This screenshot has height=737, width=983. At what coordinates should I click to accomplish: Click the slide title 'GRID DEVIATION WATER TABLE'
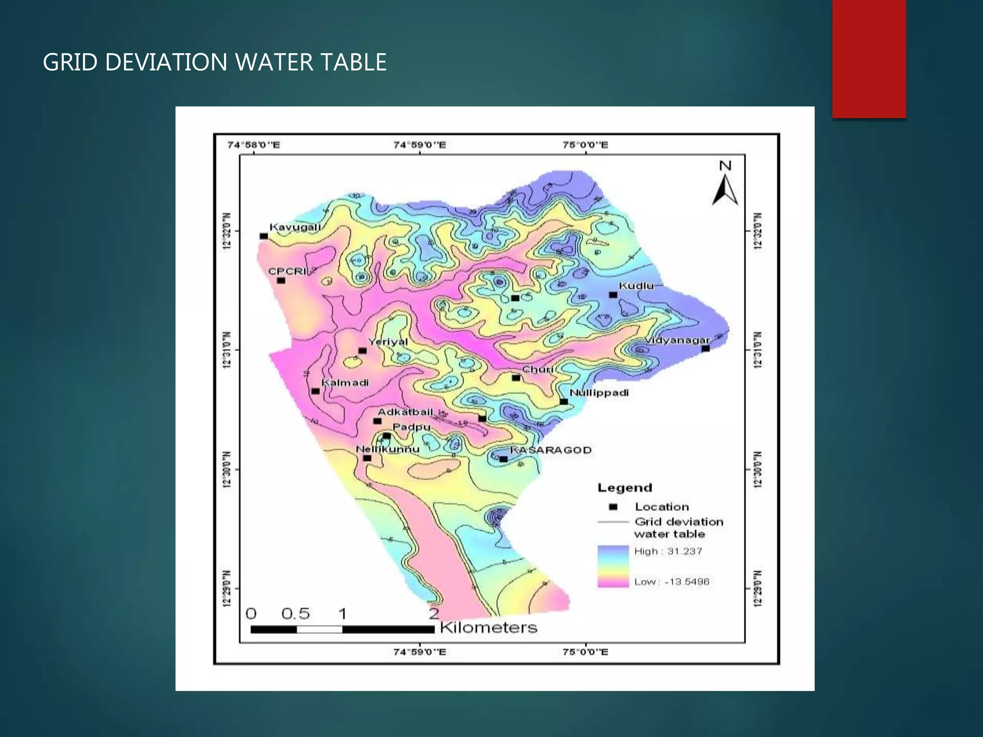pos(215,62)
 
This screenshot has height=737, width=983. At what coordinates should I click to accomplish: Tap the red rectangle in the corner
pos(869,59)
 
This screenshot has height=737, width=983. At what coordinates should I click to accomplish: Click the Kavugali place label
pos(295,227)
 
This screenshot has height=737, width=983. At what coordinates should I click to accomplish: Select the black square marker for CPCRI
pos(281,281)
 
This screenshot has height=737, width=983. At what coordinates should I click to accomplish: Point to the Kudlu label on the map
pos(636,286)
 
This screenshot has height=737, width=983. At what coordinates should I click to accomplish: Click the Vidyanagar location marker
pos(706,349)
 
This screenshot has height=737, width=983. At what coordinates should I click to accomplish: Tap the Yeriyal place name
pos(388,342)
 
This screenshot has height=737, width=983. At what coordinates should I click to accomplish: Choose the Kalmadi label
pos(345,383)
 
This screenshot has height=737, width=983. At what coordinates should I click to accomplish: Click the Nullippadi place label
pos(599,393)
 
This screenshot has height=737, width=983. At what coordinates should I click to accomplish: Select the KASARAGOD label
pos(551,450)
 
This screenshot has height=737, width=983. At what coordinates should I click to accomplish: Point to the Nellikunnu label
pos(387,450)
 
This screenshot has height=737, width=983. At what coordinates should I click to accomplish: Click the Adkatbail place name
pos(405,412)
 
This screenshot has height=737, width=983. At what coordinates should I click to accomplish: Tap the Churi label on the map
pos(538,369)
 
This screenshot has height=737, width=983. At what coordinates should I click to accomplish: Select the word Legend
pos(624,488)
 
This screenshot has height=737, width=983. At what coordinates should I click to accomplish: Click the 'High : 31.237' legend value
pos(668,551)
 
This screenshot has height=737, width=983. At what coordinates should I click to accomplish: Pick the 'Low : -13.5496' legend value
pos(671,582)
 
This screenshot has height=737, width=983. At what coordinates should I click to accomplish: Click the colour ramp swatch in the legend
pos(613,566)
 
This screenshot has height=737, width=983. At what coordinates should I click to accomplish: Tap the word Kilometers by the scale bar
pos(488,628)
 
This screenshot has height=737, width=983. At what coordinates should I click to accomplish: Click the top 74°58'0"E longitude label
pos(253,145)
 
